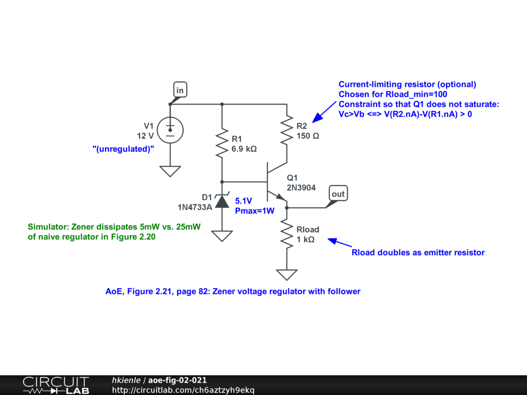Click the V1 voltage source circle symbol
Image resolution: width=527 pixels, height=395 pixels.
point(170,130)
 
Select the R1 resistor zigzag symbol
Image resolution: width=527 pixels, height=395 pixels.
point(222,143)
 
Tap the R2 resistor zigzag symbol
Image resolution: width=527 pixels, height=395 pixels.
point(287,131)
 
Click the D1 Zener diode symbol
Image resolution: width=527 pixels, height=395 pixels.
point(222,200)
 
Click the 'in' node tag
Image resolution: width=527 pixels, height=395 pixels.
point(180,91)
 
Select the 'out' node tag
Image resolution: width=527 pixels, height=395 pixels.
point(338,194)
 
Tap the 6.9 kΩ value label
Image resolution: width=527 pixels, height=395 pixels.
point(244,149)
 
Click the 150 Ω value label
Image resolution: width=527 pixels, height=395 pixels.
point(308,136)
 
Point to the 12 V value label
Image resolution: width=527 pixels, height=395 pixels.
point(145,136)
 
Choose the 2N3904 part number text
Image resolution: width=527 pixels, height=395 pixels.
point(301,188)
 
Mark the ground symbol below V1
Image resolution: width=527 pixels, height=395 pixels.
point(170,171)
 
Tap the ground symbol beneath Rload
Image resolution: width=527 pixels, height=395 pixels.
point(287,275)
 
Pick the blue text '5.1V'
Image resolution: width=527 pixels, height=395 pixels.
point(244,201)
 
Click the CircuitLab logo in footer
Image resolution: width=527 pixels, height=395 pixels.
point(56,385)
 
